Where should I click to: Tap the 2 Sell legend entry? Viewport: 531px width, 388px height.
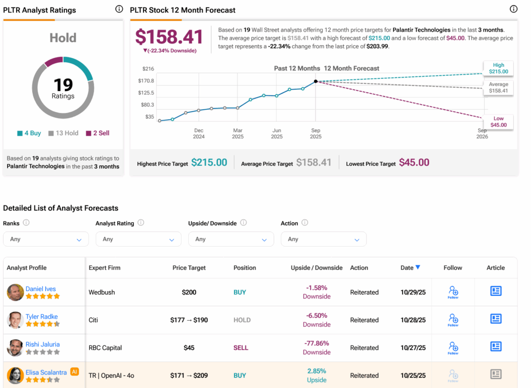[97, 133]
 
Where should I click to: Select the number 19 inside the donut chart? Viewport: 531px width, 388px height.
[63, 84]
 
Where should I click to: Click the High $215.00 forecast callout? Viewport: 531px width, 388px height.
[498, 68]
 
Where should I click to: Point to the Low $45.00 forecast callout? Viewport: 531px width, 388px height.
[498, 122]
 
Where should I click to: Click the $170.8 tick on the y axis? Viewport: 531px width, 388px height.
[146, 81]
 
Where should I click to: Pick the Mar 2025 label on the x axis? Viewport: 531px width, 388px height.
[237, 134]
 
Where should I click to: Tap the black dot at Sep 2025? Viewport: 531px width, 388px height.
[316, 81]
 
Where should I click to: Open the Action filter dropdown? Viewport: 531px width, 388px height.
[323, 239]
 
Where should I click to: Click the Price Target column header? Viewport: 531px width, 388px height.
[189, 268]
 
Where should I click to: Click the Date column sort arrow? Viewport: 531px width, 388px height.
[418, 267]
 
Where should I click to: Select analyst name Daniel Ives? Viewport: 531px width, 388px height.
[40, 289]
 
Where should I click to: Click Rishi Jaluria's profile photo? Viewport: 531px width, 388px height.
[15, 348]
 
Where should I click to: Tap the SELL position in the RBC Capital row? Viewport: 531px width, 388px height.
[241, 348]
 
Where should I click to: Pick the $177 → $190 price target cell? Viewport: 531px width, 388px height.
[189, 320]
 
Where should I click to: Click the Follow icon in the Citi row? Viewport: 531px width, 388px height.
[453, 320]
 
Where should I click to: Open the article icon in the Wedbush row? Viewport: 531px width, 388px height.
[496, 291]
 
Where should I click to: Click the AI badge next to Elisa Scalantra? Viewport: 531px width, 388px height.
[74, 371]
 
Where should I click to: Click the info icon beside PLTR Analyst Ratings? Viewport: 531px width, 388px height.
[119, 9]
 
